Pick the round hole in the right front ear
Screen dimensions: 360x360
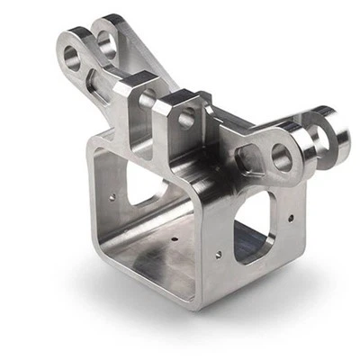click(282, 159)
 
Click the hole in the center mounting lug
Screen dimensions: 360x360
click(186, 119)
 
